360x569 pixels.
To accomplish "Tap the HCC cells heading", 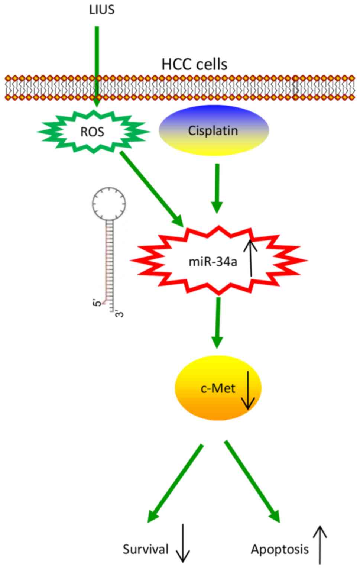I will coord(194,64).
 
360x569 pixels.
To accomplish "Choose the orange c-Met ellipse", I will coord(218,388).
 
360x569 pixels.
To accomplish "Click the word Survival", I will coord(146,549).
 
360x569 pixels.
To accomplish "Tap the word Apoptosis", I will coord(279,549).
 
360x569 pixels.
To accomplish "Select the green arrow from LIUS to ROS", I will coord(97,67).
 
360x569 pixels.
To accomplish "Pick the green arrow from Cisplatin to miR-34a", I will coord(217,188).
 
